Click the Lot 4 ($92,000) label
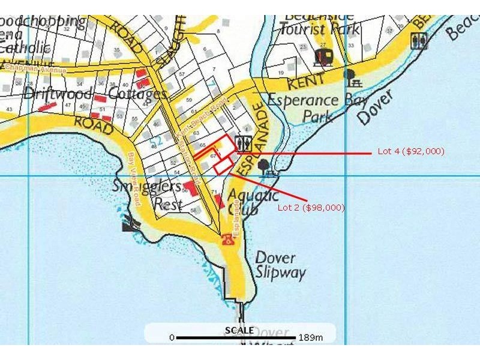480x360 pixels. coord(411,151)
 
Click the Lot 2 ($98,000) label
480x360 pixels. coord(311,208)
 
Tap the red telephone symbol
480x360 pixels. coord(227,240)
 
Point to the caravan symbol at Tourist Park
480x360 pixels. coord(323,57)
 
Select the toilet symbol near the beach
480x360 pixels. coord(418,41)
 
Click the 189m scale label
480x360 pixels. coord(310,338)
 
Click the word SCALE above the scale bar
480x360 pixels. coord(239,330)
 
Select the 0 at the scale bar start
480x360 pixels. coord(172,338)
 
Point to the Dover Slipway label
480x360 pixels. coord(280,265)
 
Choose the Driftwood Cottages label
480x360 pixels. coord(95,94)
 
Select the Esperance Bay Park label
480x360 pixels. coord(317,107)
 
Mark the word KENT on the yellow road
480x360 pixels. coord(306,80)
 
